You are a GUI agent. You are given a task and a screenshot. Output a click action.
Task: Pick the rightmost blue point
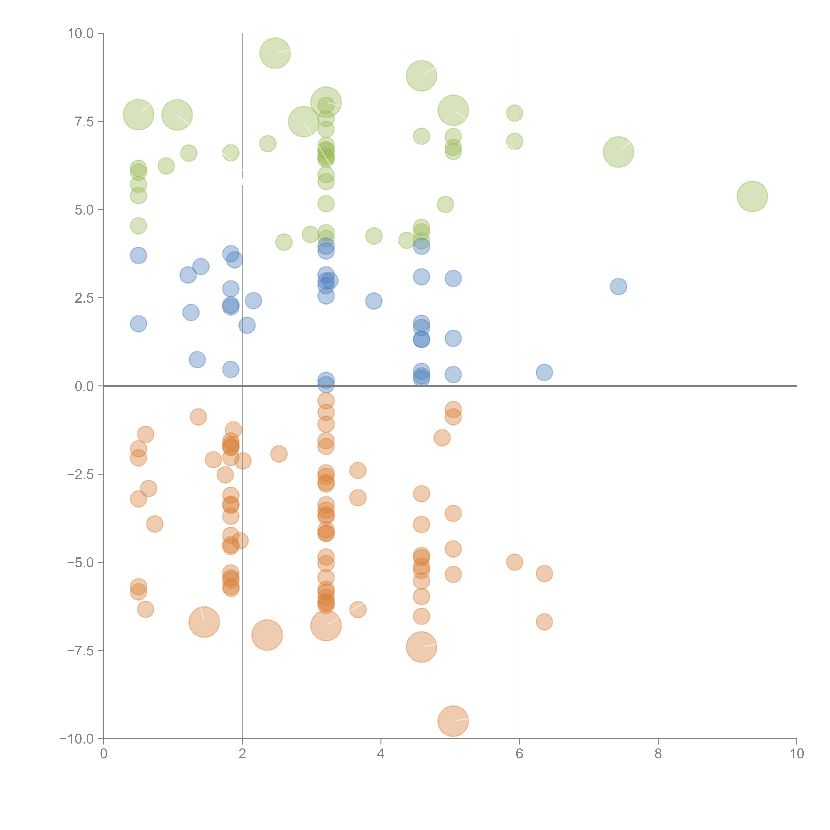click(618, 286)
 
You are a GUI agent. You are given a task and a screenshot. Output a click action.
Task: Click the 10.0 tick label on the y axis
click(81, 34)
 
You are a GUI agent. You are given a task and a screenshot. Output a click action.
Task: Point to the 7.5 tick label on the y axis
click(84, 122)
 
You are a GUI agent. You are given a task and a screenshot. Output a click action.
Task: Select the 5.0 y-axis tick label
click(84, 210)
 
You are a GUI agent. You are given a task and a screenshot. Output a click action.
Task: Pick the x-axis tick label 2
click(242, 754)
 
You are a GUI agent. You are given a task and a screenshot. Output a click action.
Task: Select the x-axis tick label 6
click(519, 754)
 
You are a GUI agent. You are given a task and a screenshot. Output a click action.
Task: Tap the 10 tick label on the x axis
click(796, 754)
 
